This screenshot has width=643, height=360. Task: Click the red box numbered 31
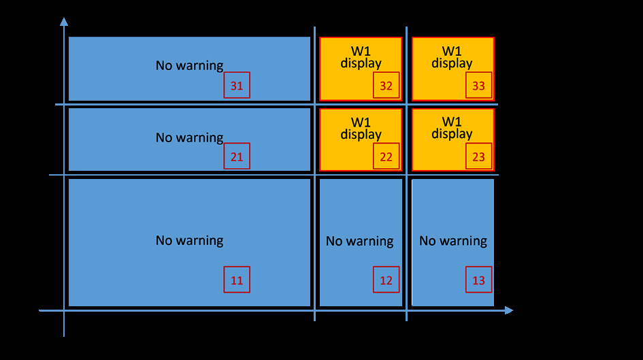coord(237,85)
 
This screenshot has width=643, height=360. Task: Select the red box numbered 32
coord(386,85)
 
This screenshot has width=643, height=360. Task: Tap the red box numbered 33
coord(478,85)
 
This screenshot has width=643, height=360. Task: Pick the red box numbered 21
coord(237,156)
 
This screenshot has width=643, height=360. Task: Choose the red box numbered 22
coord(386,156)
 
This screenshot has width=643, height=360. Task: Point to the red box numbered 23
coord(478,156)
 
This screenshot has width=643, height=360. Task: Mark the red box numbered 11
coord(237,280)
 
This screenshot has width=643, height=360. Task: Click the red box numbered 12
coord(386,280)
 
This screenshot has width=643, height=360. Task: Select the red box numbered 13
coord(478,280)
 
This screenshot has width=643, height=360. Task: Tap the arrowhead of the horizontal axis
coord(509,310)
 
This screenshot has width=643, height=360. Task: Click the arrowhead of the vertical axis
coord(64,22)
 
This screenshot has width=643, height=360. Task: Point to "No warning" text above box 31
coord(189,65)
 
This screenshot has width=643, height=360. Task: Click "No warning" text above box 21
coord(189,137)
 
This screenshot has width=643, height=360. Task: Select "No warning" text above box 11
coord(189,240)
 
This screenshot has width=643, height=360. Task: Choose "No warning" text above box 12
coord(360,241)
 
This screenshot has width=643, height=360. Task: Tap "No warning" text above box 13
coord(452,241)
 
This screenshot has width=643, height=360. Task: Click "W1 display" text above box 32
coord(361,57)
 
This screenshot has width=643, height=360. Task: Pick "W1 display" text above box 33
coord(452,57)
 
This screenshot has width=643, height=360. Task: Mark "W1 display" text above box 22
coord(361,129)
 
